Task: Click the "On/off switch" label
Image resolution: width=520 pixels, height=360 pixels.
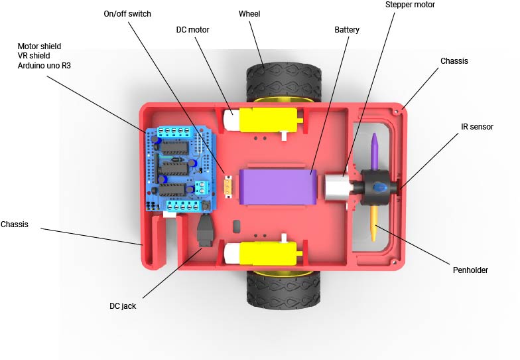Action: tap(127, 13)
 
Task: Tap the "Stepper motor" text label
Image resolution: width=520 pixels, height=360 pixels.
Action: tap(410, 5)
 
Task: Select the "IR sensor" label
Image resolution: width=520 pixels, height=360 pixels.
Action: tap(477, 126)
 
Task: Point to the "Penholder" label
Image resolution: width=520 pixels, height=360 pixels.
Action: tap(470, 270)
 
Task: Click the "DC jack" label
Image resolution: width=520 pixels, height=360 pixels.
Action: tap(123, 306)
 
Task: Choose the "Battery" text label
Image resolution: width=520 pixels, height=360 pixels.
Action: tap(347, 29)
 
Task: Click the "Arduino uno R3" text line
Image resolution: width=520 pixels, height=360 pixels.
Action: tap(44, 65)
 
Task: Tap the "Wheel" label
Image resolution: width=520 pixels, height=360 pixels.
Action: tap(249, 13)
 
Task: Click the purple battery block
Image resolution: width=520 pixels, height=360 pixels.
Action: tap(278, 187)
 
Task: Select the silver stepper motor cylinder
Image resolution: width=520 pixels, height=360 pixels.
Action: tap(336, 187)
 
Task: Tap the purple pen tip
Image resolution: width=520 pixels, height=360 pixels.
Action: tap(374, 151)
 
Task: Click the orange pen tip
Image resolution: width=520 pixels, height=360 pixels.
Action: tap(374, 223)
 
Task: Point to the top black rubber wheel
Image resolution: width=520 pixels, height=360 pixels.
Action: tap(284, 83)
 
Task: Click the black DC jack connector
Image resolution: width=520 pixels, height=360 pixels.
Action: tap(206, 230)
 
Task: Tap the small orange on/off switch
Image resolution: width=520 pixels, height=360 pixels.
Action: tap(228, 187)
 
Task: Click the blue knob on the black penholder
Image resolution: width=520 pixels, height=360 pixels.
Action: tap(379, 187)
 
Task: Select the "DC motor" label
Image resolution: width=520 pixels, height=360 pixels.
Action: tap(192, 29)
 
